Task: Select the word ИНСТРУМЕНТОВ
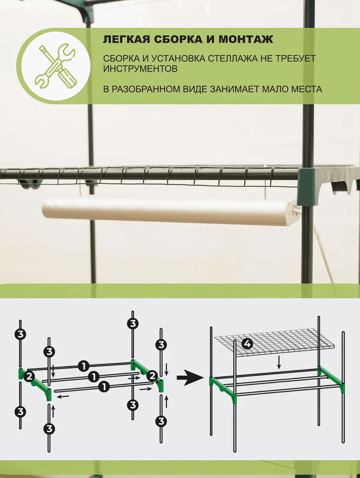point(140,69)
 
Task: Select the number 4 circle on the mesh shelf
point(247,344)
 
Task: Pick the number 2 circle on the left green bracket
point(29,376)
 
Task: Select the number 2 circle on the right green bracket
point(152,376)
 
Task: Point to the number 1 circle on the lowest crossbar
point(104,387)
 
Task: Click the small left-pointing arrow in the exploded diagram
point(63,397)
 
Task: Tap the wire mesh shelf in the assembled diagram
point(274,342)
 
